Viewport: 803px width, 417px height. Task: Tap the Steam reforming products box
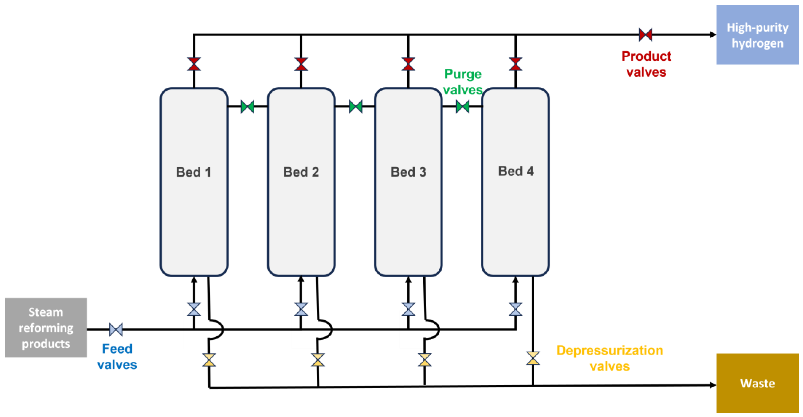click(x=46, y=328)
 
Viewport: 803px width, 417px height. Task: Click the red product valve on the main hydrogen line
click(x=645, y=34)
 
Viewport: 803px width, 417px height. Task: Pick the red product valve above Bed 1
click(x=194, y=64)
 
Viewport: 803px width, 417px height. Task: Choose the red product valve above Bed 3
click(x=408, y=64)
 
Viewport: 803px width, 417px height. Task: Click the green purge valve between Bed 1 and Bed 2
click(x=248, y=107)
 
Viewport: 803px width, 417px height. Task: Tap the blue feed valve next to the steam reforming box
click(x=116, y=329)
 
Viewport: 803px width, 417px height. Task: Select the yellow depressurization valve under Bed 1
click(x=209, y=360)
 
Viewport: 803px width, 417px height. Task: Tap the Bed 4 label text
click(x=516, y=171)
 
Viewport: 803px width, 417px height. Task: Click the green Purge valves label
click(x=463, y=82)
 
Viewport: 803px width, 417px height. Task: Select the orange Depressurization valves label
click(x=609, y=358)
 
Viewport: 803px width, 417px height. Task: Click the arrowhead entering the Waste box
click(x=713, y=385)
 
